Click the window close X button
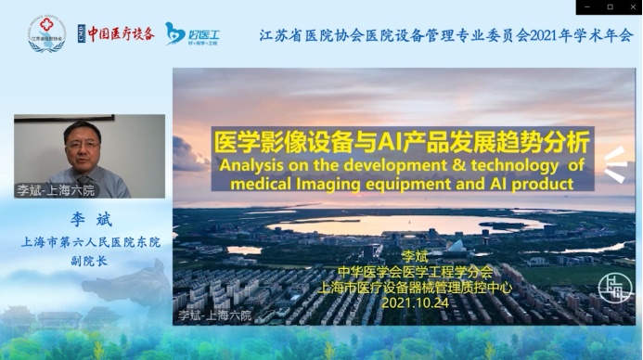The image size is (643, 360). (x=631, y=6)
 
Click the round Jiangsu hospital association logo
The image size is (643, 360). (x=46, y=33)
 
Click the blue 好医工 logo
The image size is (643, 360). (x=192, y=33)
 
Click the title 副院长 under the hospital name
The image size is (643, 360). (x=90, y=262)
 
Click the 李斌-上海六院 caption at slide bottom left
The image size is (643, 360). (x=214, y=315)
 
